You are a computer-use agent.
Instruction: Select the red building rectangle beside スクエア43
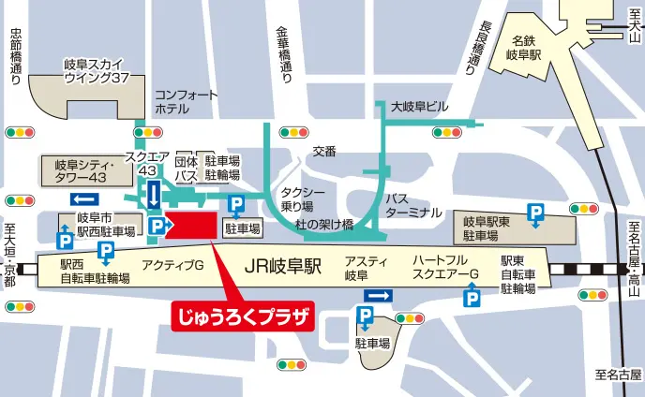tap(191, 226)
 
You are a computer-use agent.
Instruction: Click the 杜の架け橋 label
tap(324, 225)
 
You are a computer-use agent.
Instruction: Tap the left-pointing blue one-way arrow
tap(84, 198)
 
